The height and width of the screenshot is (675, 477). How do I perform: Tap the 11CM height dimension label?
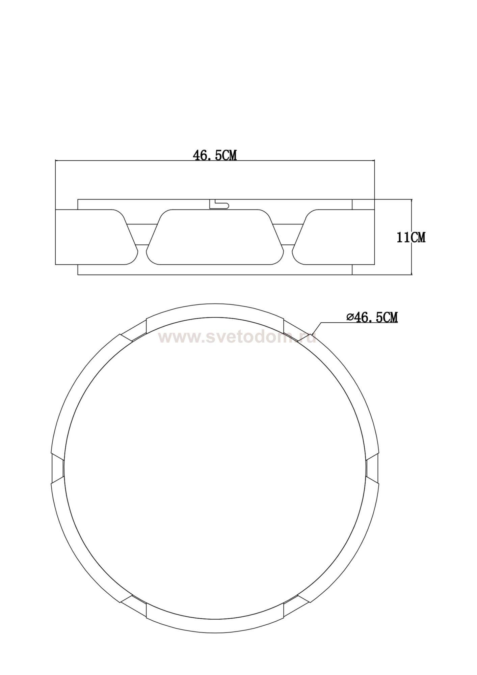[x=411, y=237]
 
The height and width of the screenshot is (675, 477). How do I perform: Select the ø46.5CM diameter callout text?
[x=372, y=317]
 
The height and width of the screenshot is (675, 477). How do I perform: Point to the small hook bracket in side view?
[x=219, y=204]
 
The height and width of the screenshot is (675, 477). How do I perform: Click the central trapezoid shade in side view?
[x=215, y=237]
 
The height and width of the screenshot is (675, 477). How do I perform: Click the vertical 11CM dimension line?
[x=412, y=237]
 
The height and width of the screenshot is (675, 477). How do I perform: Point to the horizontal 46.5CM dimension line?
[x=215, y=160]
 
